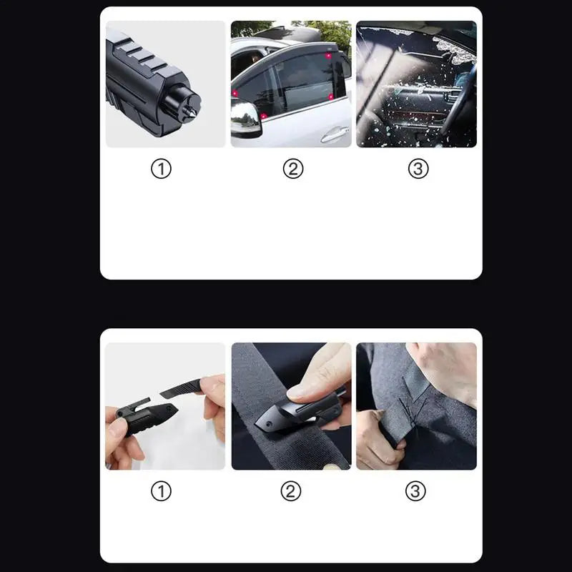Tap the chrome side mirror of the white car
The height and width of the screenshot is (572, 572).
[x=245, y=118]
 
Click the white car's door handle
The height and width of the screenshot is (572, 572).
[x=335, y=134]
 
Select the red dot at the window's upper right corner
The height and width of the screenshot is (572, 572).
[x=328, y=55]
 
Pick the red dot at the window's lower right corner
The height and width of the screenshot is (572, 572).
[x=330, y=96]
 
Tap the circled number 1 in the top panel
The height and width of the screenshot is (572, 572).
[x=162, y=169]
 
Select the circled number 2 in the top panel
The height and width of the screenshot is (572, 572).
[x=292, y=169]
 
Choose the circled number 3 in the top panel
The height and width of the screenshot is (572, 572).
[x=418, y=169]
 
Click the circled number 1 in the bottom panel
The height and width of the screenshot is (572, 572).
[x=162, y=491]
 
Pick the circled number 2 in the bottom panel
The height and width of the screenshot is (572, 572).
[x=290, y=491]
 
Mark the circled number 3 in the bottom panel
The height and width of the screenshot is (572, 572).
[x=415, y=491]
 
